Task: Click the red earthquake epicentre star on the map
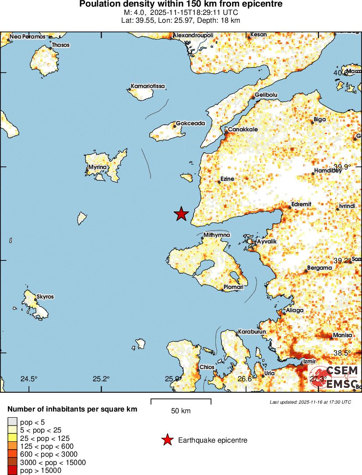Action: point(181,214)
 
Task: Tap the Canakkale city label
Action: point(243,130)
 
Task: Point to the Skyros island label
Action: point(45,296)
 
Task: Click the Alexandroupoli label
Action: point(193,35)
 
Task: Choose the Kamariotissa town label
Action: point(148,86)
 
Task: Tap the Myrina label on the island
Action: point(97,167)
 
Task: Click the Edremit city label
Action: point(301,204)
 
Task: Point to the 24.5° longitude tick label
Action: point(29,379)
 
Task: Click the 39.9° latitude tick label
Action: point(342,166)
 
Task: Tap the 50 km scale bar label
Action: point(181,411)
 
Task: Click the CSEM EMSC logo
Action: point(336,377)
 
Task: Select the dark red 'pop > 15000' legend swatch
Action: point(12,471)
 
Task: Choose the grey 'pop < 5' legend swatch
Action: point(12,422)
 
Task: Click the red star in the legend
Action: point(167,440)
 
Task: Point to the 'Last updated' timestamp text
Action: point(310,402)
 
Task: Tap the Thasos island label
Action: point(60,45)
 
